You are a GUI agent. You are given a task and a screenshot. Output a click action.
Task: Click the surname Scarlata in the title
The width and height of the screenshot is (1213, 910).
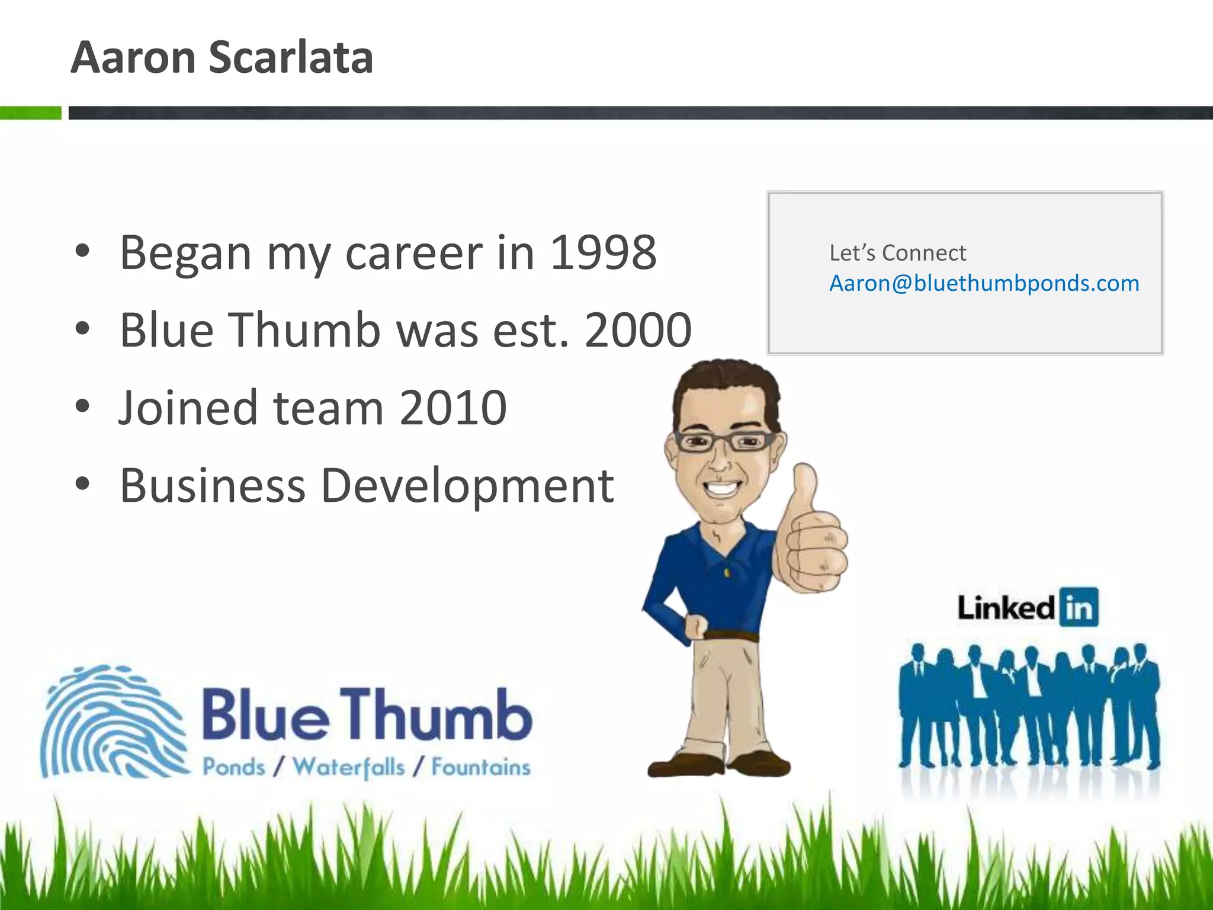(x=291, y=57)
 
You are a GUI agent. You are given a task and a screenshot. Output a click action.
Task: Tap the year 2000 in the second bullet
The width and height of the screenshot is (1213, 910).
(x=638, y=330)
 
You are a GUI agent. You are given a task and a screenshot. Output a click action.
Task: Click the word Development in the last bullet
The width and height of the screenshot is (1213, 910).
(x=467, y=486)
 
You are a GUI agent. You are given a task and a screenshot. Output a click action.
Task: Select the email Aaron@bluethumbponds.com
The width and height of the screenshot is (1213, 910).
(x=984, y=283)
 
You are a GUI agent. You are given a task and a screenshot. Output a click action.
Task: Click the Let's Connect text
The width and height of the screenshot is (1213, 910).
(x=897, y=253)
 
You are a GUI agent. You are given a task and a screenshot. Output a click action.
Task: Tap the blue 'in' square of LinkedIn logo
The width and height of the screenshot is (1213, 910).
(x=1079, y=607)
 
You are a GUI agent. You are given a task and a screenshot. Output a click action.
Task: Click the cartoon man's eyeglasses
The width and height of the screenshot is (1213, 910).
(x=724, y=441)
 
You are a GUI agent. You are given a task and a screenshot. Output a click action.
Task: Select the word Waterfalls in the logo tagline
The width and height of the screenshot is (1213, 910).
(x=349, y=767)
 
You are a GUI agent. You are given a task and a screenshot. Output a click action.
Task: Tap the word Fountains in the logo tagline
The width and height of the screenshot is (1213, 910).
(x=480, y=767)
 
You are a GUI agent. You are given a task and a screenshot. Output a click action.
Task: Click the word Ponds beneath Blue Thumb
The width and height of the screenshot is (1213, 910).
(x=234, y=767)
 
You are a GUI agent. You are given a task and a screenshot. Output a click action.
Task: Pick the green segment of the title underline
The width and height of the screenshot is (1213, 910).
(x=30, y=113)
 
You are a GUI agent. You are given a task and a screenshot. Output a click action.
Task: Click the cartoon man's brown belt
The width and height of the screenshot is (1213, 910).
(x=731, y=636)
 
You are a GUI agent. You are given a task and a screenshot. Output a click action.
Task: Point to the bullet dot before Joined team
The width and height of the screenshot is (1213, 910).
(x=82, y=406)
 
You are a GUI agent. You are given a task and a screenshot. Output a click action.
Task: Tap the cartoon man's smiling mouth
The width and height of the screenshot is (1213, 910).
(x=721, y=488)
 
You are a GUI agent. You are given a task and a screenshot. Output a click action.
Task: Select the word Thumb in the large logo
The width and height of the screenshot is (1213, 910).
(x=435, y=715)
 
